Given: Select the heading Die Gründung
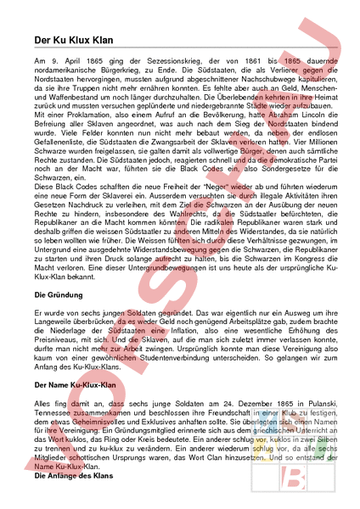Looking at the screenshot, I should click(53, 294).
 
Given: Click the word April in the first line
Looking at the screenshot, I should click(65, 63).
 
